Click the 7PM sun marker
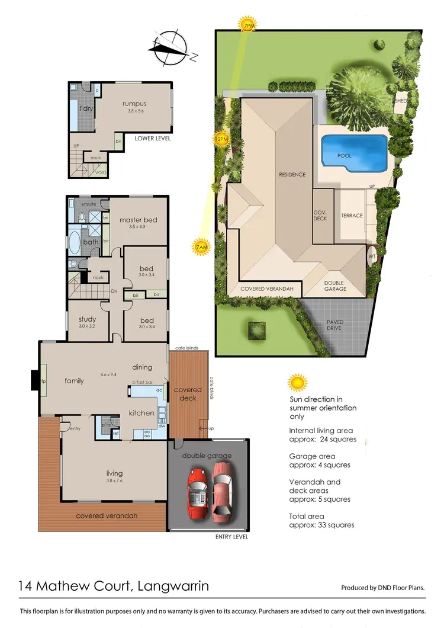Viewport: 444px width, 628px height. (x=247, y=25)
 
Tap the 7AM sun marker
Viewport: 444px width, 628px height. (x=200, y=246)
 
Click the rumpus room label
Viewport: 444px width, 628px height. (x=134, y=104)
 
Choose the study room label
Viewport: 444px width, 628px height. (x=87, y=320)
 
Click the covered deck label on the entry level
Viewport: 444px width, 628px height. (x=188, y=394)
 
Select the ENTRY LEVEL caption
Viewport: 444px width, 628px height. (x=231, y=537)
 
